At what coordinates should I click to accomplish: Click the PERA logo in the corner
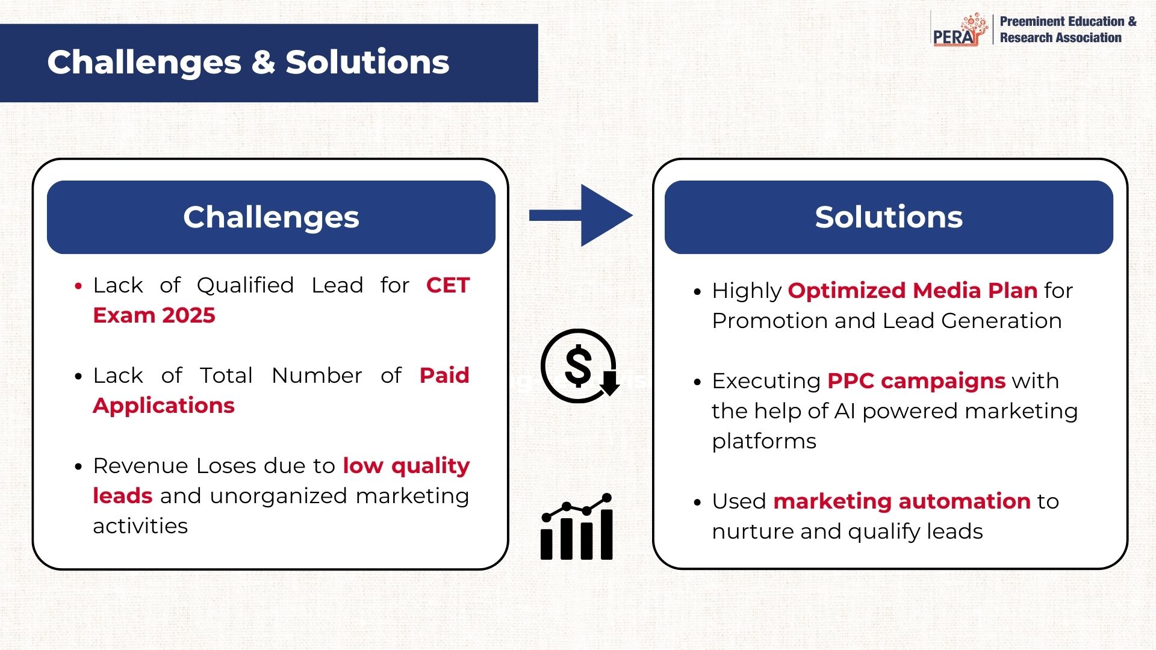coord(960,29)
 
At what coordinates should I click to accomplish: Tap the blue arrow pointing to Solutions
coord(581,215)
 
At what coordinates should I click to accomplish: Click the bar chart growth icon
coord(577,527)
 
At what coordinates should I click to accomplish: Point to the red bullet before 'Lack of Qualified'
coord(78,286)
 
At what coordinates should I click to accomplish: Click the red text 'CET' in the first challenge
coord(447,285)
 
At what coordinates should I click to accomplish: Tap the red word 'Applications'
coord(164,406)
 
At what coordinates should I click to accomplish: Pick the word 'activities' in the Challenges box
coord(140,526)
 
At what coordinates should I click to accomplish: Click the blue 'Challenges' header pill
coord(271,217)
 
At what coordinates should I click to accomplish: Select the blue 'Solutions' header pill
coord(889,217)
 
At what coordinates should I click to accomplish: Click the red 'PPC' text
coord(851,381)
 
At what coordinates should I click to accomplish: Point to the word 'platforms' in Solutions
coord(764,442)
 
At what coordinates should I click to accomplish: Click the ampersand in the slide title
coord(263,62)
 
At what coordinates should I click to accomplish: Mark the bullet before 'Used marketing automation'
coord(697,503)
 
